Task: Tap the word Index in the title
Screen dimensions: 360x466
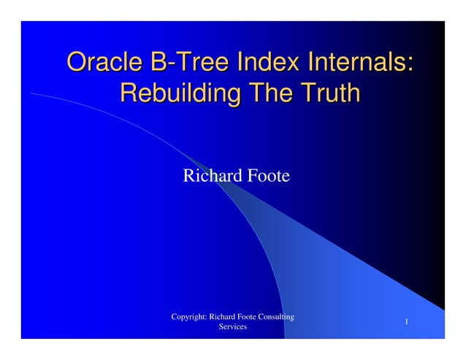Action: click(x=253, y=62)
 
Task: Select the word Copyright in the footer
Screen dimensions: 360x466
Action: click(x=188, y=317)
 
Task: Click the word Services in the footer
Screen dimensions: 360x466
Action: click(x=232, y=327)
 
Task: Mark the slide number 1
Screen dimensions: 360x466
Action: click(x=406, y=323)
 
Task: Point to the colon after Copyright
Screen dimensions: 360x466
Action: click(x=206, y=318)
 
